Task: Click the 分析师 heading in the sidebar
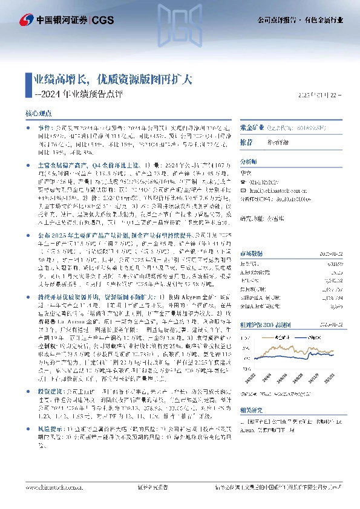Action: [x=249, y=161]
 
